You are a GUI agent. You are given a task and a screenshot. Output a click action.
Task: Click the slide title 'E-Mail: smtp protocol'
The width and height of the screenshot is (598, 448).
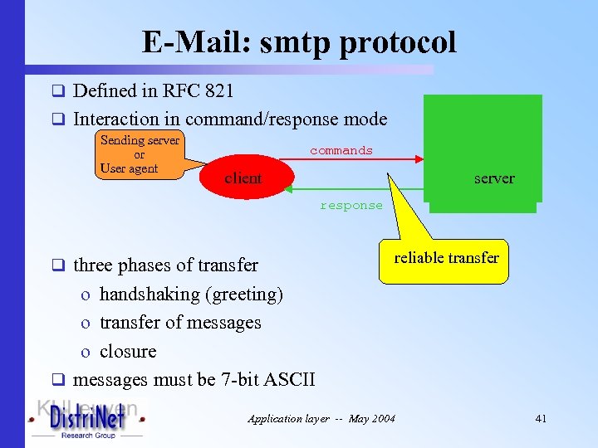click(299, 41)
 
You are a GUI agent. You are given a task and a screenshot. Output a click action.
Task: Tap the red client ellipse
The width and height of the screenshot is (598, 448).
click(243, 178)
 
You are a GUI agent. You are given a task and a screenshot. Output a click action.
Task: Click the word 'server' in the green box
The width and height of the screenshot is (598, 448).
click(493, 178)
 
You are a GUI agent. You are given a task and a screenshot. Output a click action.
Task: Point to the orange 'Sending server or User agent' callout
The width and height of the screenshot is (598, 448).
click(140, 154)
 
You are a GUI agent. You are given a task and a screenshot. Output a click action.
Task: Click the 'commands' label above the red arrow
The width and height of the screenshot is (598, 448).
click(341, 150)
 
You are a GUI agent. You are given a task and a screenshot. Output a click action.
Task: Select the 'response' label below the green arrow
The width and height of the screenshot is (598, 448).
click(351, 205)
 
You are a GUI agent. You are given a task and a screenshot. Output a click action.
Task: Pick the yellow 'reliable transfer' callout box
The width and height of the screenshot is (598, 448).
click(446, 258)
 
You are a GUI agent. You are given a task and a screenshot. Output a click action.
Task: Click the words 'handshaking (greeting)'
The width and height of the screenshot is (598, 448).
click(191, 294)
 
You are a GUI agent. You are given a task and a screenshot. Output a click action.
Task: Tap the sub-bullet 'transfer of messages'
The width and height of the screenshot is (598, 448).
click(180, 323)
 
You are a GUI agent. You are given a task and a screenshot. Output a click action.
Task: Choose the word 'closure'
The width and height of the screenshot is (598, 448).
click(128, 351)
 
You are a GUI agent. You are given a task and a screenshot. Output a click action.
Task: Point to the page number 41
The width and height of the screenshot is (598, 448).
click(541, 419)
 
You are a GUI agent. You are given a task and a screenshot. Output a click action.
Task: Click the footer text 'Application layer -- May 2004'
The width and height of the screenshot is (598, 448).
click(321, 419)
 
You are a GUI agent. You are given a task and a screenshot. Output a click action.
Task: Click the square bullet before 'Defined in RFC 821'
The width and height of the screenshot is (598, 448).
click(59, 91)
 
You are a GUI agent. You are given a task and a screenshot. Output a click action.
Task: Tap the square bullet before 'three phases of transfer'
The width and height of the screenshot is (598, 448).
click(59, 266)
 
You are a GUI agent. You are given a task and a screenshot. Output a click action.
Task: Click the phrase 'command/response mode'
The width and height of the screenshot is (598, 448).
click(287, 119)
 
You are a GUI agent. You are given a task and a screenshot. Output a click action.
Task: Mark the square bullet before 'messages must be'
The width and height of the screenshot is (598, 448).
click(59, 381)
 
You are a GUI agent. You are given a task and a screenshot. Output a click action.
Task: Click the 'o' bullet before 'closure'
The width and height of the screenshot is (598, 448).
click(86, 352)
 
